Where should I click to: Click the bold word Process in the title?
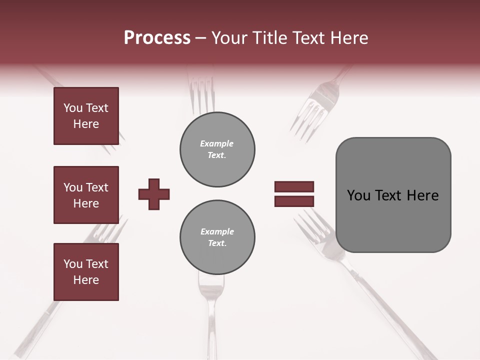(157, 38)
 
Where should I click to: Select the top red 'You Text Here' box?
(86, 116)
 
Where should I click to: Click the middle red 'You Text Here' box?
(86, 195)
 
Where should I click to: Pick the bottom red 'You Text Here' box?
(86, 272)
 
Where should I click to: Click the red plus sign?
(154, 194)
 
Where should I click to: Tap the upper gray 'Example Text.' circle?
(217, 149)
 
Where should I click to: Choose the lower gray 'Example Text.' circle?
(217, 237)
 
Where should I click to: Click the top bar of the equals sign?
(294, 186)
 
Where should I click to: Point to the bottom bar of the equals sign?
(294, 201)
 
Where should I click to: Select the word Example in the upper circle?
(217, 143)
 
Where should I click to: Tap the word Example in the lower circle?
(217, 231)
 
